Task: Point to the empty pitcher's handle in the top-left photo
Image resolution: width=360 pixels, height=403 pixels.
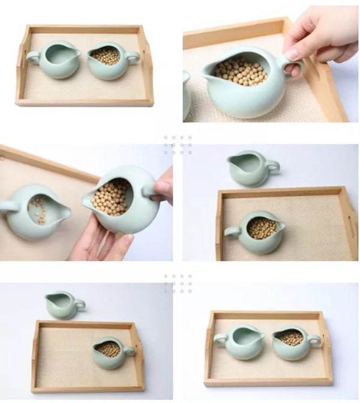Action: (x=33, y=58)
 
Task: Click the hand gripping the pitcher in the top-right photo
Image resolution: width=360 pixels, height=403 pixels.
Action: (x=318, y=36)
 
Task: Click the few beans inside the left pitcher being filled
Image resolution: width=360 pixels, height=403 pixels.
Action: (x=37, y=210)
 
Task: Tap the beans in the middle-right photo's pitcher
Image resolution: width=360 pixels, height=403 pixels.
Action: (x=262, y=228)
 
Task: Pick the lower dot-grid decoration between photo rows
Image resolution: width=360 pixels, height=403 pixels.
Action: (x=178, y=284)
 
